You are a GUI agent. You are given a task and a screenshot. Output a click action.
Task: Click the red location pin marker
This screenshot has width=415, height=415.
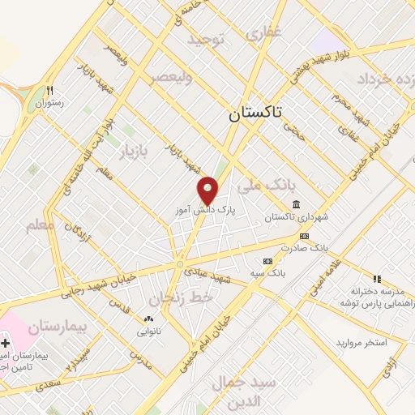pos(207,191)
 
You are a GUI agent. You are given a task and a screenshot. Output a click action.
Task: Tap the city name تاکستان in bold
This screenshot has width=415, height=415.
pos(255,114)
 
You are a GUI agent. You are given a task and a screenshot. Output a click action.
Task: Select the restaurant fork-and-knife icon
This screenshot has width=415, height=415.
pos(50,90)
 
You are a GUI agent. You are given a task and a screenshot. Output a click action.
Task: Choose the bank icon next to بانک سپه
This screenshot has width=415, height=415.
pos(268,260)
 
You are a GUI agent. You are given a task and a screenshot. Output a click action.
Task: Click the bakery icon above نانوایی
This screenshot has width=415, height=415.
pos(148,319)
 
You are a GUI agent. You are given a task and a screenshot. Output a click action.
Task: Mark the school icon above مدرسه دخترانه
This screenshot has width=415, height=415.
pos(376,278)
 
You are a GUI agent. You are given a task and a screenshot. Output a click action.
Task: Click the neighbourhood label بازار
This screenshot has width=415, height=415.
pos(135,152)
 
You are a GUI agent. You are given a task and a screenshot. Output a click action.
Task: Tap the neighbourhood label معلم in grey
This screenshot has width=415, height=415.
pos(40,225)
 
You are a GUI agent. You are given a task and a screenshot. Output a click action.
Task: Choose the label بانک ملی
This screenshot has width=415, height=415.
pos(263,185)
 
